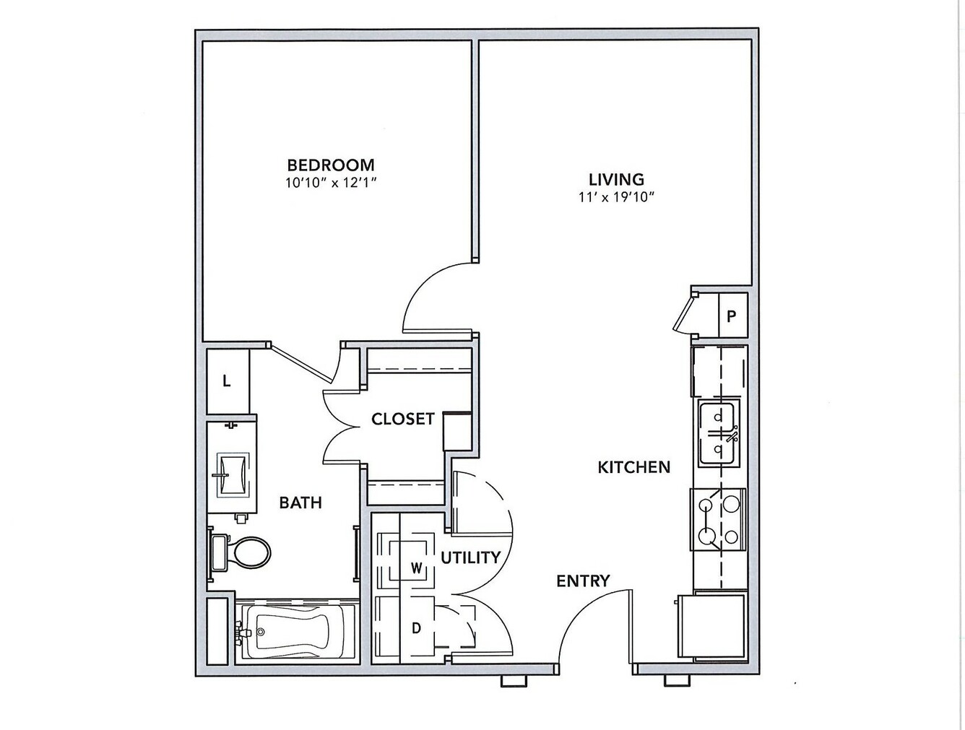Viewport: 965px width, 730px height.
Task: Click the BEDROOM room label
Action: point(331,165)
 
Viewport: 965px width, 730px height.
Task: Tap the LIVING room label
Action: point(616,179)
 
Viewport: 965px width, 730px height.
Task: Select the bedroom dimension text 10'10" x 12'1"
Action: point(332,183)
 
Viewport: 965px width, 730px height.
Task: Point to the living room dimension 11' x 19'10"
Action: point(616,197)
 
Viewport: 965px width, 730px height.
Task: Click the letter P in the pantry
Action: point(731,316)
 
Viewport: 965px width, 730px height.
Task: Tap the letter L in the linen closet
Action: point(227,381)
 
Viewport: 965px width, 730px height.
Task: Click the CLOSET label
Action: point(403,419)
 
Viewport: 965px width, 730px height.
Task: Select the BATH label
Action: point(300,503)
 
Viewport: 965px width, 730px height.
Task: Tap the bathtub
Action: point(295,633)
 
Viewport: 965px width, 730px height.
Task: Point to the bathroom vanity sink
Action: point(233,474)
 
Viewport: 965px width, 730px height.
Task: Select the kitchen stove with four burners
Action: point(718,519)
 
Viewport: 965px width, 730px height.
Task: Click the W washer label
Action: point(416,569)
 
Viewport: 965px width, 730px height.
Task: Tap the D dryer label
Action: point(416,628)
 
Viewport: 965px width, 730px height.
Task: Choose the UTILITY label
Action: point(470,557)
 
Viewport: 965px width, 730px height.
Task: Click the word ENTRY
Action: point(583,581)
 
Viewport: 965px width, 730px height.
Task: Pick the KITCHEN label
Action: point(634,467)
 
